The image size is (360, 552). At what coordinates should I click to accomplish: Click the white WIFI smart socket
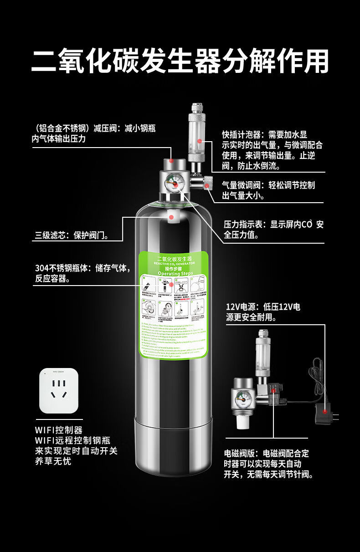point(59,390)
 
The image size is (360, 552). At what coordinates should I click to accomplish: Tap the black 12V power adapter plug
point(324,414)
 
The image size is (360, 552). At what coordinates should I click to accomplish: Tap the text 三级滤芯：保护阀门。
point(72,235)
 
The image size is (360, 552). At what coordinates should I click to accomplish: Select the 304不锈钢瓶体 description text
point(82,273)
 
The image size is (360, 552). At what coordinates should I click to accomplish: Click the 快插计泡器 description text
point(272,150)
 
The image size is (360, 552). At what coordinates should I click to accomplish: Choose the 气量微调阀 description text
point(268,190)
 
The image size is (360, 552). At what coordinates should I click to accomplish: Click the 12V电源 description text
point(263,312)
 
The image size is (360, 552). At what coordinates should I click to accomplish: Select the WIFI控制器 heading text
point(59,429)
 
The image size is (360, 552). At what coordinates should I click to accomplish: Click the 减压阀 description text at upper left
point(93,133)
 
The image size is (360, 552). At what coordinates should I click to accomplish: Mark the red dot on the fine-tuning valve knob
point(208,185)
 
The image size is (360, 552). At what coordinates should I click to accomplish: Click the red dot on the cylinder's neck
point(172,217)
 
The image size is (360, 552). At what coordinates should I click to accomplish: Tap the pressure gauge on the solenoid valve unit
point(241,400)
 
